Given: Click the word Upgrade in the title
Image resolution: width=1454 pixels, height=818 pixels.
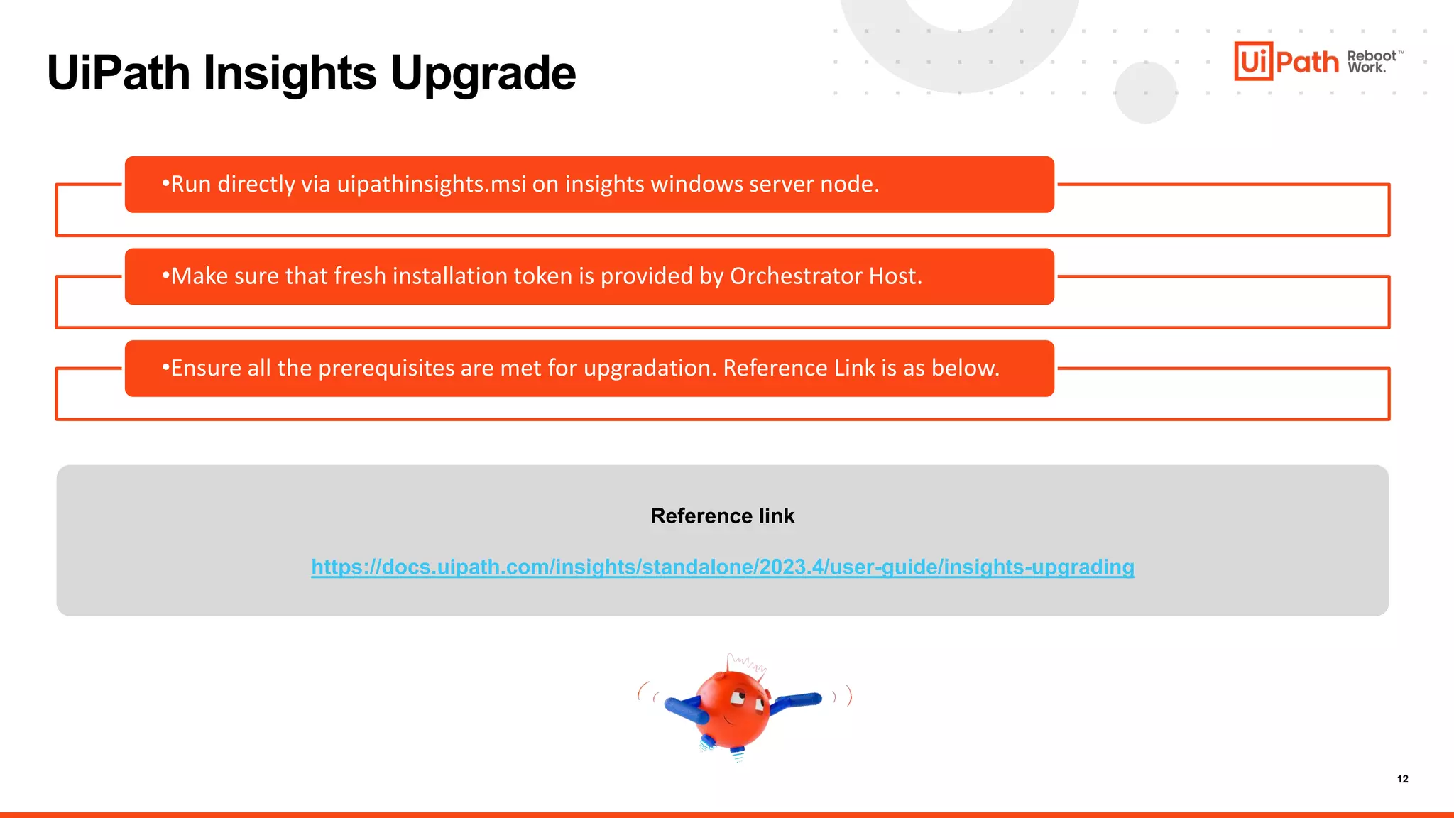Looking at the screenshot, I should click(483, 74).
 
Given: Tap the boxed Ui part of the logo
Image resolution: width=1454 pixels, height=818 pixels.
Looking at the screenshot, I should click(1253, 61).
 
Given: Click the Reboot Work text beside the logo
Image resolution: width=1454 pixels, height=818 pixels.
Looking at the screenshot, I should click(1372, 62).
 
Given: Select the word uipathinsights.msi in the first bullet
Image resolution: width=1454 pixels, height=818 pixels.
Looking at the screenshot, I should click(431, 185).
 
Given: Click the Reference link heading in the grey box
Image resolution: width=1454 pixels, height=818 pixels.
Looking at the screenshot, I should click(722, 516).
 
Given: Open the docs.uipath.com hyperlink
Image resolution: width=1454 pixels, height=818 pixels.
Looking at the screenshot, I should click(722, 567).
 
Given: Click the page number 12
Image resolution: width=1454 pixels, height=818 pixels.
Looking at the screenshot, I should click(1402, 779).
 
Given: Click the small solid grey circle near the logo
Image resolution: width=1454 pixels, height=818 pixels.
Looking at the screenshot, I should click(1145, 92).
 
